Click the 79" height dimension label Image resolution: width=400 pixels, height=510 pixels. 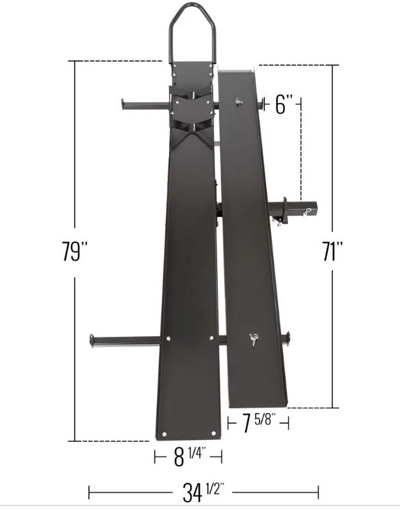(x=75, y=251)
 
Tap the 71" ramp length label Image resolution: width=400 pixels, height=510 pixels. (x=332, y=251)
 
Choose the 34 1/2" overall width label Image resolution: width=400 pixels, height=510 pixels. (x=203, y=492)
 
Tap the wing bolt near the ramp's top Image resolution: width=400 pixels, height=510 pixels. (x=239, y=102)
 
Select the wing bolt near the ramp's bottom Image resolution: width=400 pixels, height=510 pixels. (x=253, y=339)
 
